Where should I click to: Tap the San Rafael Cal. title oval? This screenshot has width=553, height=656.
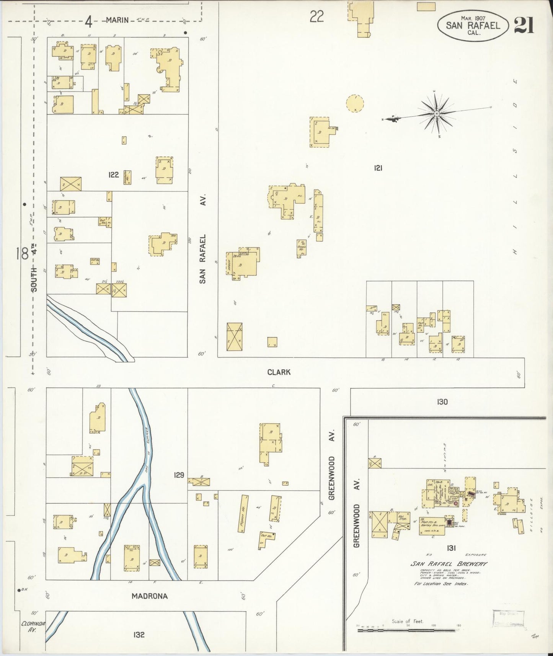473,26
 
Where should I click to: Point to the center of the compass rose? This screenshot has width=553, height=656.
436,114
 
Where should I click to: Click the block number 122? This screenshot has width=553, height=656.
114,175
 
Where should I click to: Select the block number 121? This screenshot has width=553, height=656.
378,168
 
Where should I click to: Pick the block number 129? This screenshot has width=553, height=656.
179,475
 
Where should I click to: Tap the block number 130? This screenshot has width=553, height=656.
442,402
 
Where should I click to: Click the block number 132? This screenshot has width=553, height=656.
139,635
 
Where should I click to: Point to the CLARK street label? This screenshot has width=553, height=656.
279,372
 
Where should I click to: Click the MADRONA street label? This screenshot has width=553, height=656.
150,596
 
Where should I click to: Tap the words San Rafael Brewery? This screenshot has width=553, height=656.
449,564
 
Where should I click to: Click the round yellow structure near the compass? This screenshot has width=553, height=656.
355,103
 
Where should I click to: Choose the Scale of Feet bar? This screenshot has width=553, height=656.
408,630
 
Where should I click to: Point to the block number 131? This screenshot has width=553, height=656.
451,548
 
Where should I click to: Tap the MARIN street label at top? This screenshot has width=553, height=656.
117,20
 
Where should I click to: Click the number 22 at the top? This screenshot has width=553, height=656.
317,16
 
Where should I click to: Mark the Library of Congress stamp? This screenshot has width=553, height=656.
508,619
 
